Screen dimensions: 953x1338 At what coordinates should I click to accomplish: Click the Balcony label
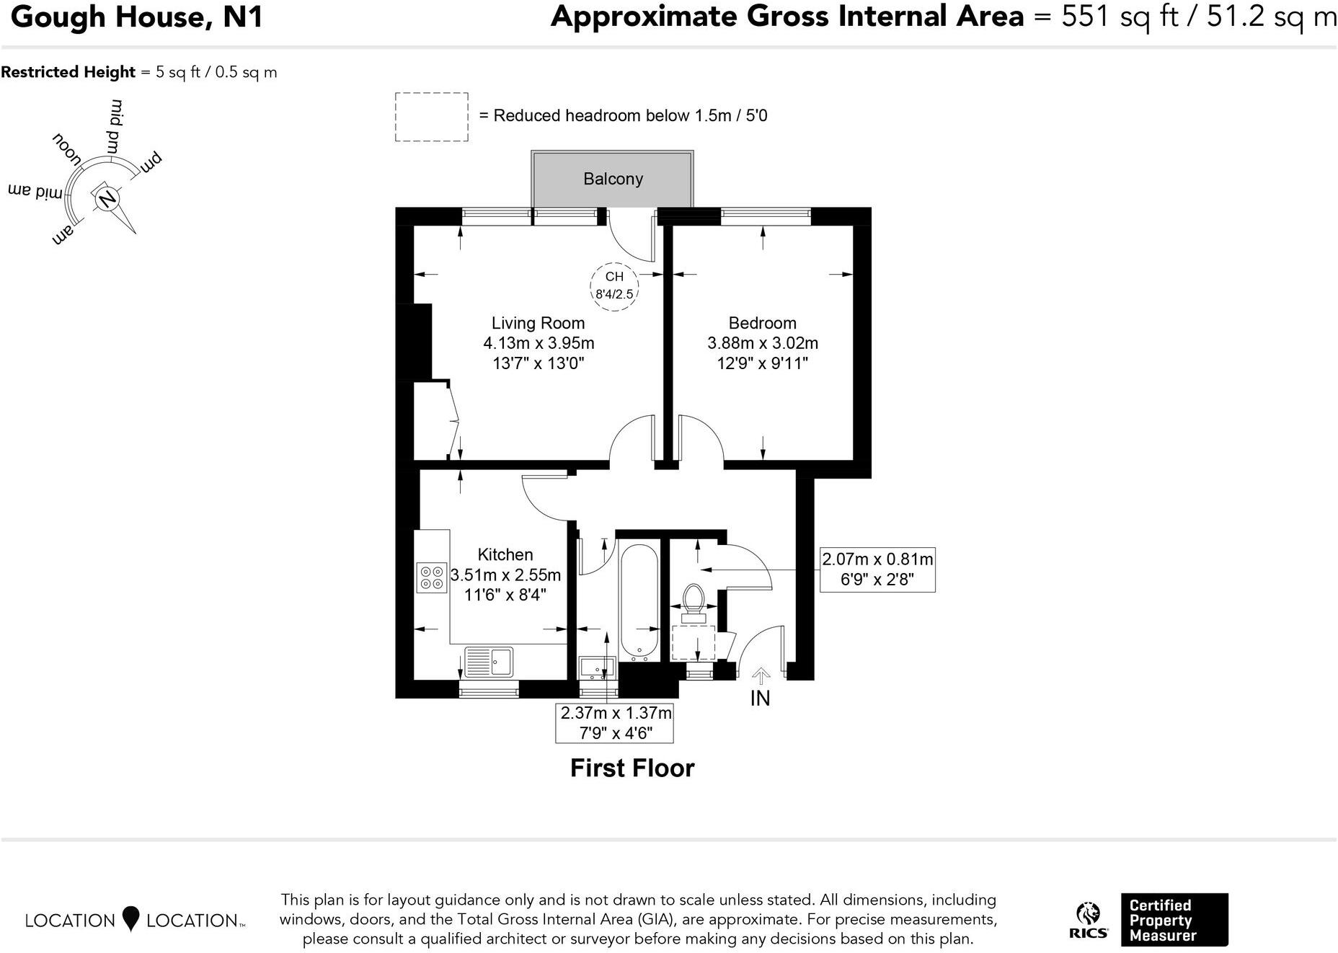coord(613,179)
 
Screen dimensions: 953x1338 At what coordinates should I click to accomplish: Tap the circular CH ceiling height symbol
coord(614,286)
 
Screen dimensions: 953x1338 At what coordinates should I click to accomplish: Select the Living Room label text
coord(538,323)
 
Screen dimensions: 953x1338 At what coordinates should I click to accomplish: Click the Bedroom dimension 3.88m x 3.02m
coord(762,343)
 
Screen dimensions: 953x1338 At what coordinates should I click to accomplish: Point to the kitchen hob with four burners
coord(432,577)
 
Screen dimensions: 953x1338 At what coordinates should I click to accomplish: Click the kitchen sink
coord(489,661)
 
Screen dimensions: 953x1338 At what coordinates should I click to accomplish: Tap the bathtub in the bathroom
coord(639,602)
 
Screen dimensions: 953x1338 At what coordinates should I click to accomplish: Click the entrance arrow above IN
coord(761,675)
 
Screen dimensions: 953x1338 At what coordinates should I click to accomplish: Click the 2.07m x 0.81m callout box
coord(877,569)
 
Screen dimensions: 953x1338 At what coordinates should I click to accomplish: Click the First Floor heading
coord(632,768)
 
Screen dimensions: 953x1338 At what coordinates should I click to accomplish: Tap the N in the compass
coord(107,199)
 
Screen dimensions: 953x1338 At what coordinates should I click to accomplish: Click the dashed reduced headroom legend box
coord(431,117)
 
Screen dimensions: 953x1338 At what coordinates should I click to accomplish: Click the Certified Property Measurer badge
coord(1174,920)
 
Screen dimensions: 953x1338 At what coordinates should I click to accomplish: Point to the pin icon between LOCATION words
coord(130,918)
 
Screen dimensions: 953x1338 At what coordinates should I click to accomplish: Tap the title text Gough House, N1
coord(137,17)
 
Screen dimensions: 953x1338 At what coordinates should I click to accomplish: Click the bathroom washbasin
coord(597,668)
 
